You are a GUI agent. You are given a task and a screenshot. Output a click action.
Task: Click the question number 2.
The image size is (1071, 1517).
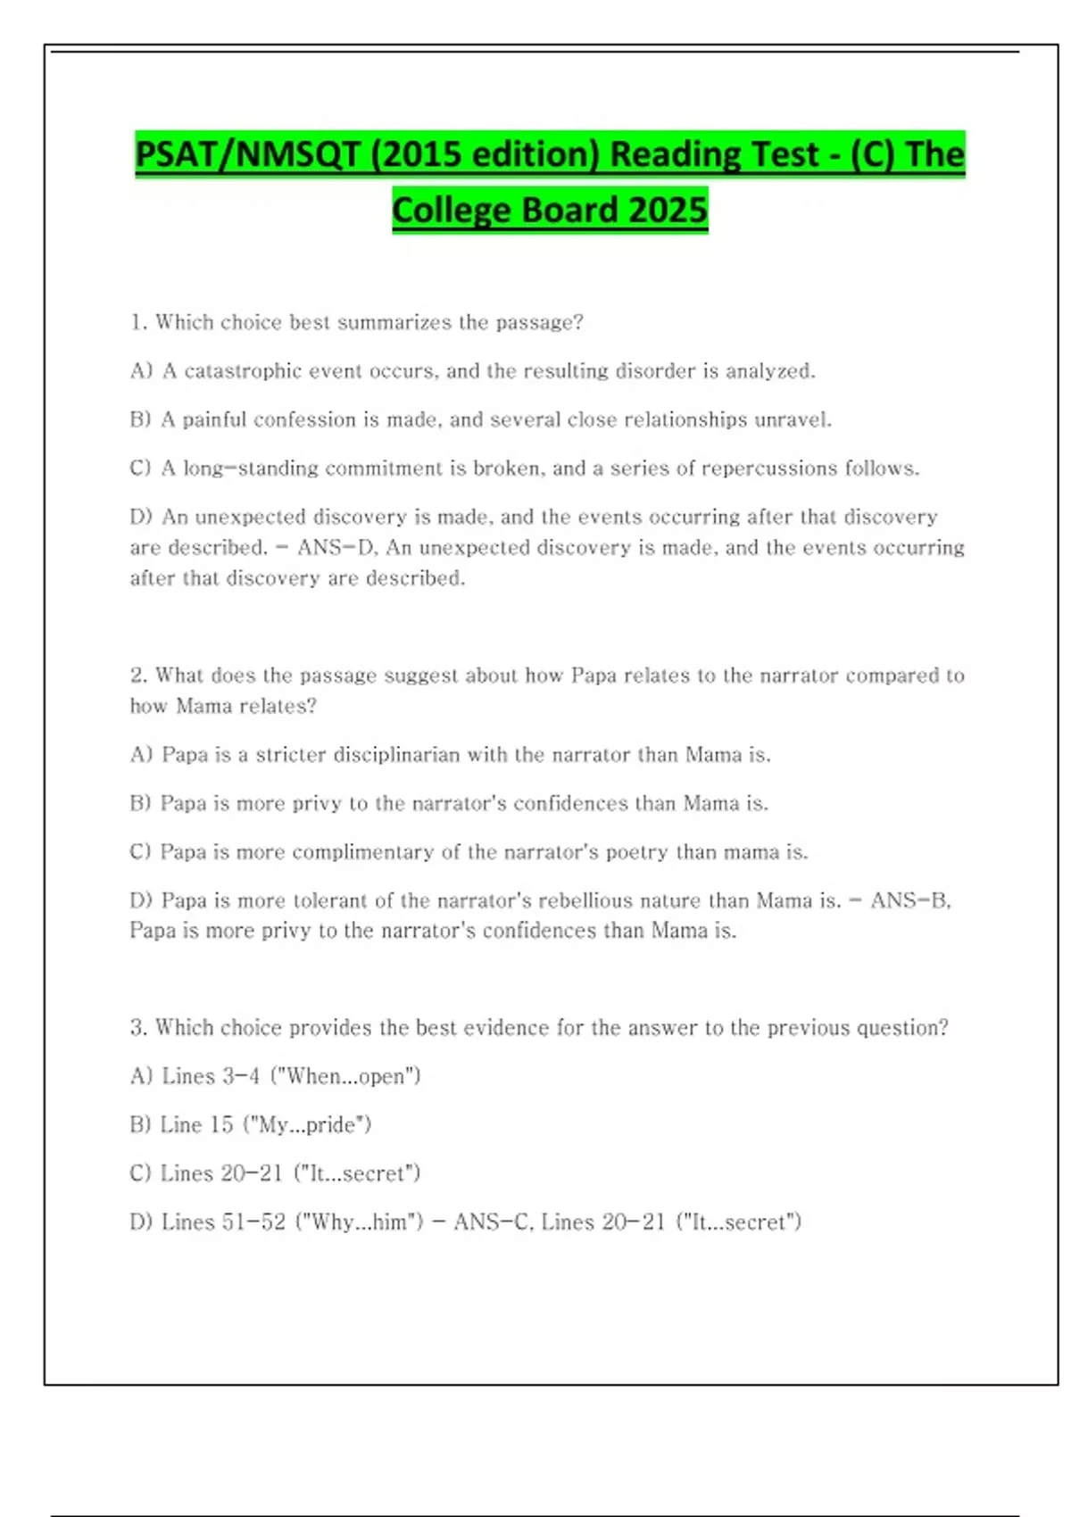[137, 676]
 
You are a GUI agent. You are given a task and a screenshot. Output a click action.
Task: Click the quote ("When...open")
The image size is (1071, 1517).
[345, 1076]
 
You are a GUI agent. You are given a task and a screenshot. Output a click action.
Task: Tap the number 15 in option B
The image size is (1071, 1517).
[221, 1125]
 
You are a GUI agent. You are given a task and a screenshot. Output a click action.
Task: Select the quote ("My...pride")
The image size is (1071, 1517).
[307, 1125]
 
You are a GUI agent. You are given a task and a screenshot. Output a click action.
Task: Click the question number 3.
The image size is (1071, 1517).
[137, 1028]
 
